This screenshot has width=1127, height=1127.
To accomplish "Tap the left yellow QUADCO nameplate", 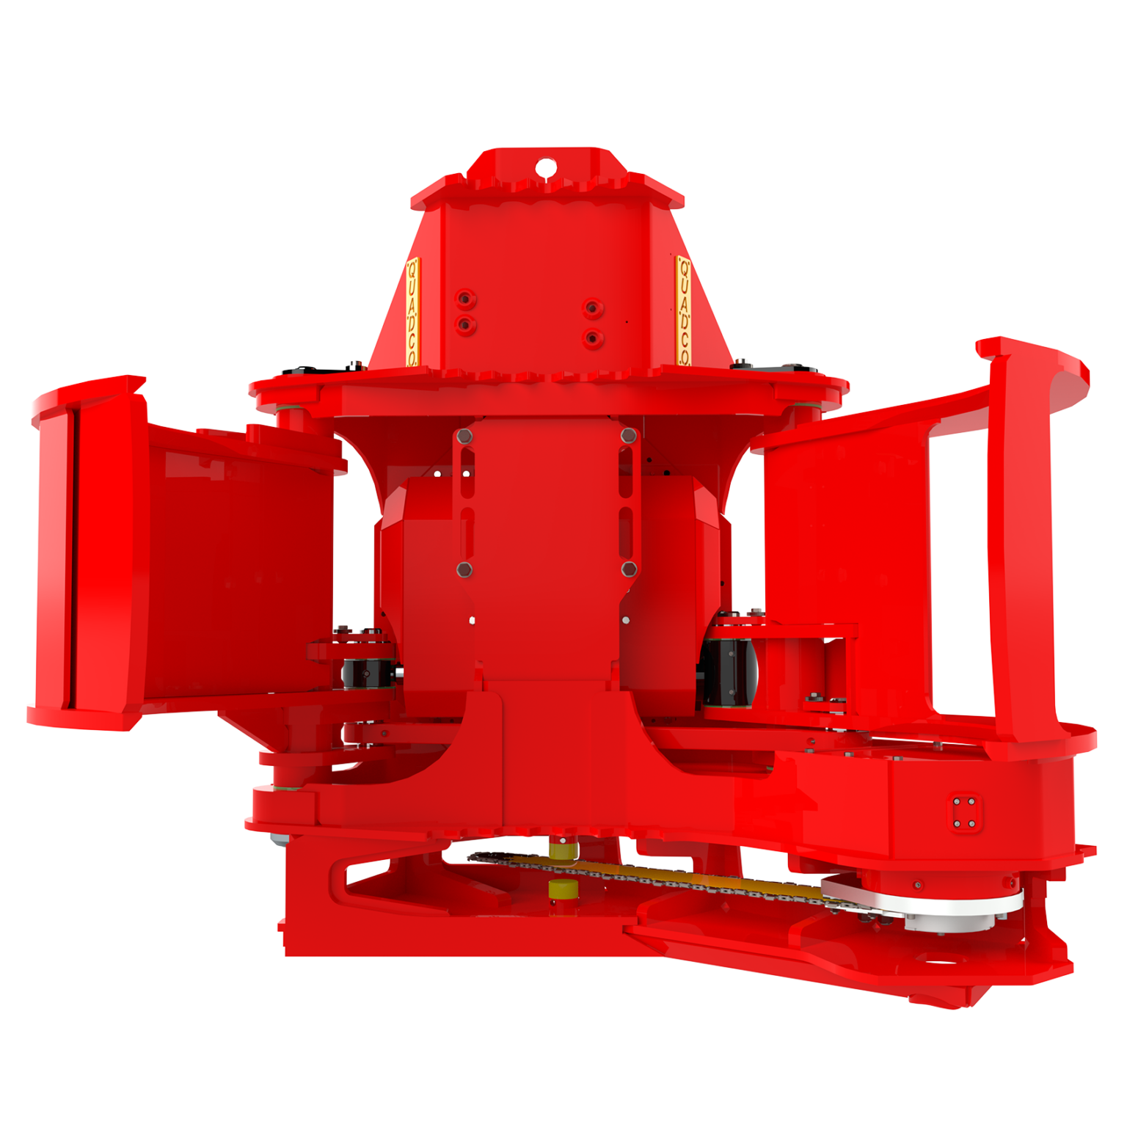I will tap(412, 313).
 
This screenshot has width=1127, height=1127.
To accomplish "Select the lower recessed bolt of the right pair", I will tap(591, 338).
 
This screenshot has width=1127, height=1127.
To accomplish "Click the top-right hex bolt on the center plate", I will tap(627, 436).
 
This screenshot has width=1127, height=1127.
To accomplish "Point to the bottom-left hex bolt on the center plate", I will tap(463, 569).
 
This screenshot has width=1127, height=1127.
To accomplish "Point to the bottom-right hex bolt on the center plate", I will tap(628, 569).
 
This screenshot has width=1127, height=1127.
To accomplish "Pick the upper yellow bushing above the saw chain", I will tap(563, 849).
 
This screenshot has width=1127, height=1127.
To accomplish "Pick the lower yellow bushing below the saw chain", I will tap(563, 889).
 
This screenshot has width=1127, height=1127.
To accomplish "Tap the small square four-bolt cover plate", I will tap(964, 812).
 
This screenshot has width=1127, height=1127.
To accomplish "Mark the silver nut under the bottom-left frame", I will tap(278, 841).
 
